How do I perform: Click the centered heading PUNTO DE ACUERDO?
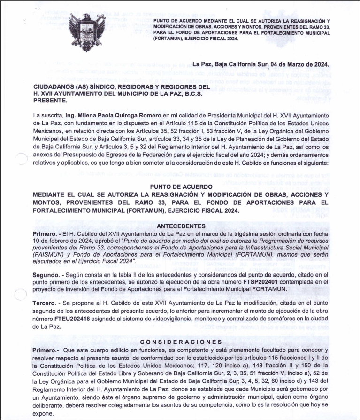[x=181, y=187]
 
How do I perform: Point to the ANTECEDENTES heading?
[x=181, y=226]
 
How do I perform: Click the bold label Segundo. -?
[x=47, y=274]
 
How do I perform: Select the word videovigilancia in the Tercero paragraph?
[x=176, y=319]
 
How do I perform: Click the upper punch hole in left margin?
[x=21, y=159]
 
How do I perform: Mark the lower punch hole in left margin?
[x=21, y=295]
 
